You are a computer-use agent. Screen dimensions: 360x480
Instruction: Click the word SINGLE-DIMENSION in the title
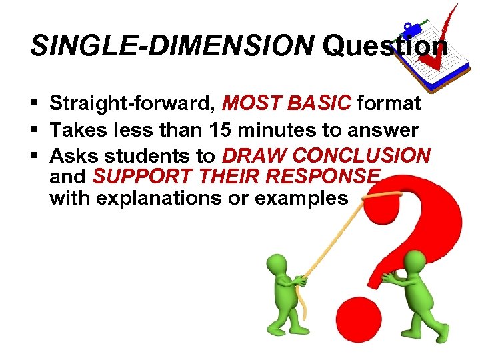172,46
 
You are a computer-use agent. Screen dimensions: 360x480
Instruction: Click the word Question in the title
385,46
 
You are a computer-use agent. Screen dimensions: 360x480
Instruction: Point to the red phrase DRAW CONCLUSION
326,156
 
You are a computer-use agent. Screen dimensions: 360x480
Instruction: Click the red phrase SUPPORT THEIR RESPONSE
237,177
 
